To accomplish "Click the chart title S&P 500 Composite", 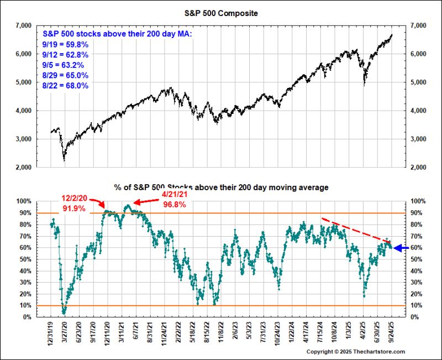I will pyautogui.click(x=222, y=12).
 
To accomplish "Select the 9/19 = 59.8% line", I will pyautogui.click(x=66, y=44).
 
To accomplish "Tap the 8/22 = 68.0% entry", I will pyautogui.click(x=66, y=86).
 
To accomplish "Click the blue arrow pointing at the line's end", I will pyautogui.click(x=401, y=248).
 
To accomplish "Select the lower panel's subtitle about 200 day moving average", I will pyautogui.click(x=221, y=188).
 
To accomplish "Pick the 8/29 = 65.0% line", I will pyautogui.click(x=66, y=75).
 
